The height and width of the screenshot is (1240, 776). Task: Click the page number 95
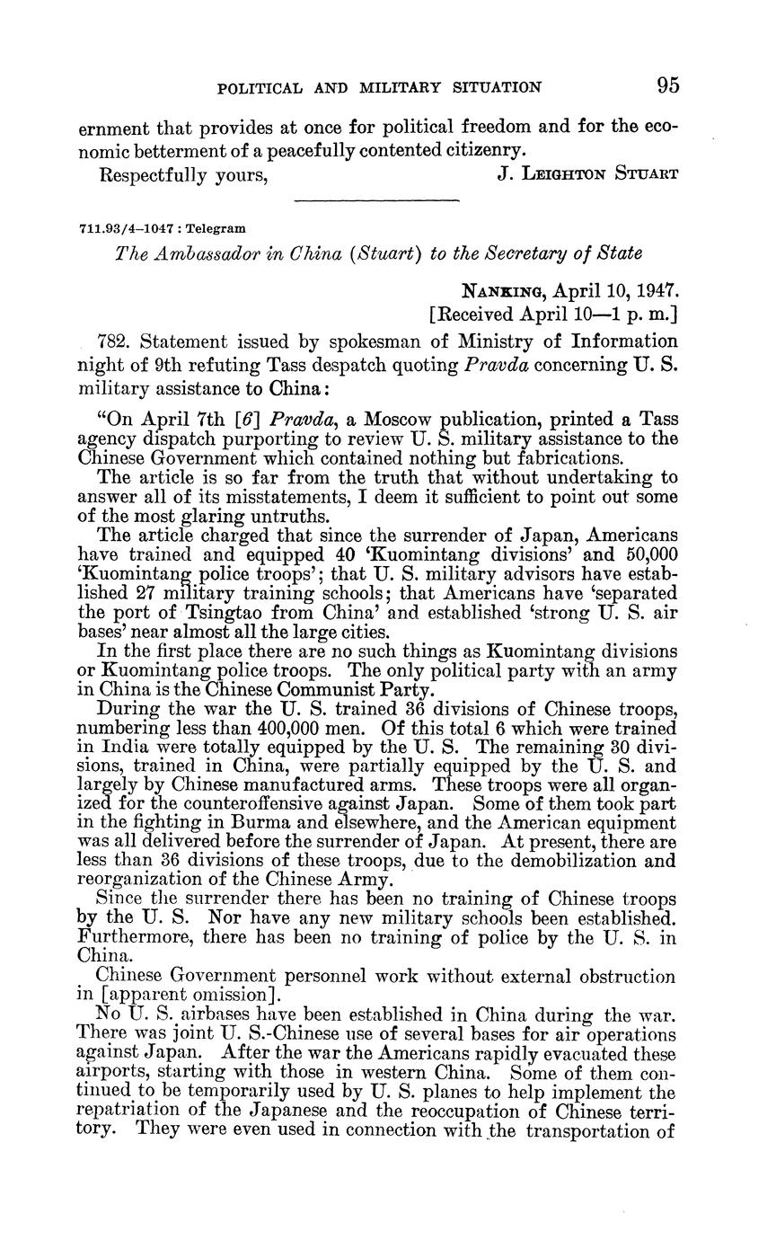pyautogui.click(x=667, y=85)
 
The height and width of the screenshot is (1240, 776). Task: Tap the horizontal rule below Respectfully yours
pyautogui.click(x=376, y=200)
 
